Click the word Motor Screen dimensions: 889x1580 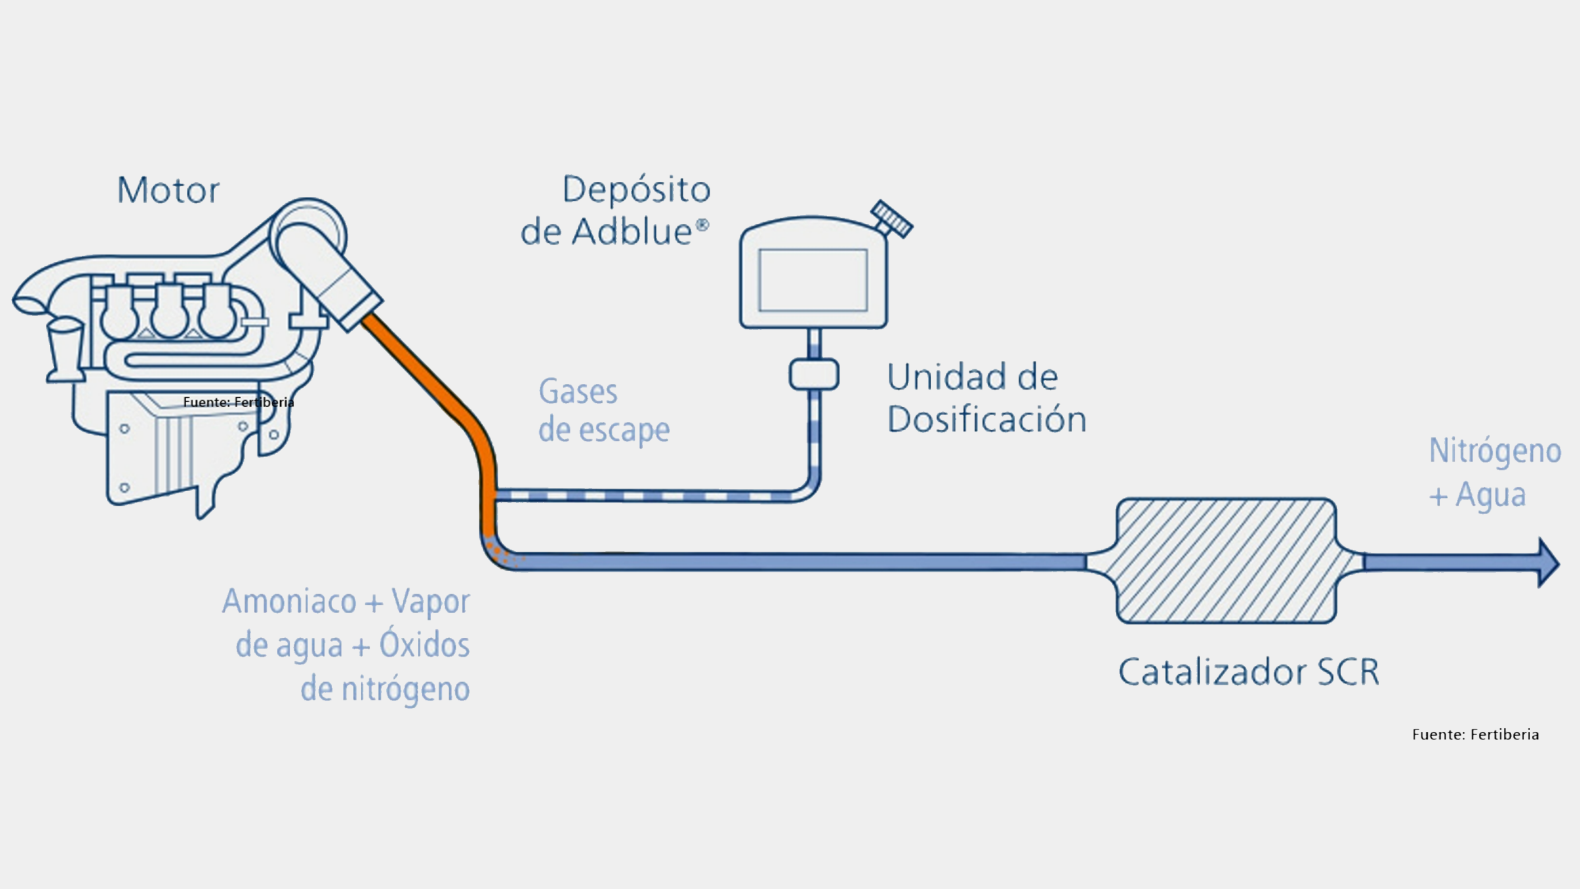tap(168, 191)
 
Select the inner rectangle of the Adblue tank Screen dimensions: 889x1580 tap(813, 280)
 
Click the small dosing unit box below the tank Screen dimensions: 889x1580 tap(814, 374)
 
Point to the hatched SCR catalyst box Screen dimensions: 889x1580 tap(1226, 561)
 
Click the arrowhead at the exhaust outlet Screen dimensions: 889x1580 tap(1548, 563)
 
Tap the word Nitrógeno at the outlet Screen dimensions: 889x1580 tap(1495, 451)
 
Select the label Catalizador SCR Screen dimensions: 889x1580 tap(1249, 672)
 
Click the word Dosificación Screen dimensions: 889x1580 tap(986, 420)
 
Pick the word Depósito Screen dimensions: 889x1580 tap(636, 190)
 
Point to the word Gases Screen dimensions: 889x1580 tap(578, 392)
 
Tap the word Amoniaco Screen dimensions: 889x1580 tap(289, 601)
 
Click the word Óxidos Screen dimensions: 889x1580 tap(425, 646)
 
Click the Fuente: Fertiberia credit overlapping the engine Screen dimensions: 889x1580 tap(239, 402)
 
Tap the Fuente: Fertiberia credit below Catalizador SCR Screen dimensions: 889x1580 tap(1475, 735)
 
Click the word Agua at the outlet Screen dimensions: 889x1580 tap(1491, 495)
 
